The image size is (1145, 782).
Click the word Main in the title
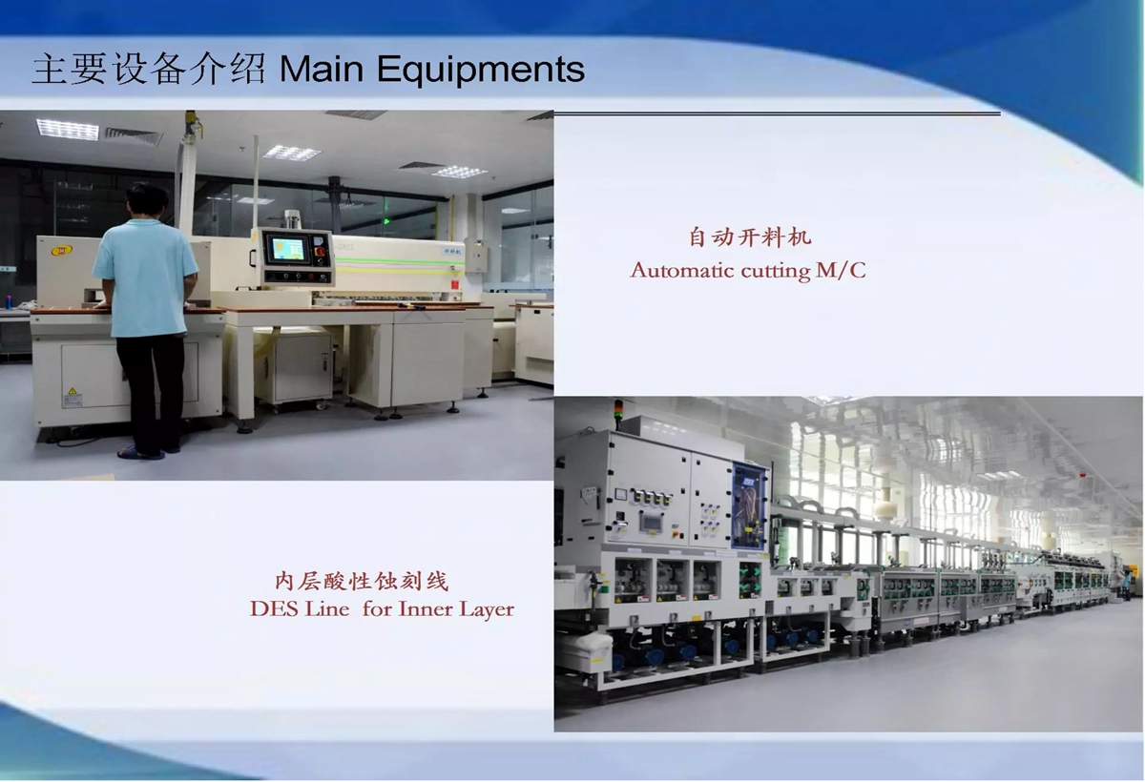[321, 69]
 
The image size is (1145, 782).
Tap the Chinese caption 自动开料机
[750, 237]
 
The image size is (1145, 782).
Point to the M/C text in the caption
[841, 270]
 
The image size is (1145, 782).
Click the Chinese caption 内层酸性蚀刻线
[362, 582]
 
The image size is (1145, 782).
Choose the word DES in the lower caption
[274, 608]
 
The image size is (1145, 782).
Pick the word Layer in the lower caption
[486, 610]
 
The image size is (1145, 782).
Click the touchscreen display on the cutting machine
[288, 249]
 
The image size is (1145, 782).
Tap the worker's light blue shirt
[146, 277]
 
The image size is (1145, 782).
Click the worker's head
[147, 201]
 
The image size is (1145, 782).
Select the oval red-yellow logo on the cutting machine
[61, 251]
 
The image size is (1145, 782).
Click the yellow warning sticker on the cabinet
[73, 392]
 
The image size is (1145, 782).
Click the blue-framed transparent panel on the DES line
[750, 505]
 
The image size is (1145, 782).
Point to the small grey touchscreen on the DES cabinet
[653, 522]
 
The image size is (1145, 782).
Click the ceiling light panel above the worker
[68, 128]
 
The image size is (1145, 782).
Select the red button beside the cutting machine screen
[320, 253]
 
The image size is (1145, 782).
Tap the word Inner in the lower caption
[426, 608]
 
